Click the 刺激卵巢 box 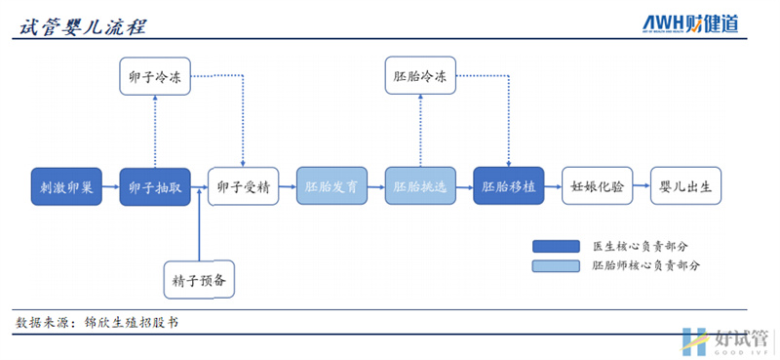(66, 186)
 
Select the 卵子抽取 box (155, 186)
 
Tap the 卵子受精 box (244, 186)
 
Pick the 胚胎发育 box (332, 186)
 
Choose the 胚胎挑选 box (420, 186)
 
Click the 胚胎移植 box (509, 186)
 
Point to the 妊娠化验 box (598, 186)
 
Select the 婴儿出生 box (686, 186)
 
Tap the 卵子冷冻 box (155, 76)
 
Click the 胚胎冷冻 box (420, 76)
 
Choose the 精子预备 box (200, 279)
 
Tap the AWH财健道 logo (690, 21)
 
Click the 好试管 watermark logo (725, 340)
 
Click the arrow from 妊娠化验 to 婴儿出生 (642, 186)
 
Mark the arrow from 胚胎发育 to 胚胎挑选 (376, 186)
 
